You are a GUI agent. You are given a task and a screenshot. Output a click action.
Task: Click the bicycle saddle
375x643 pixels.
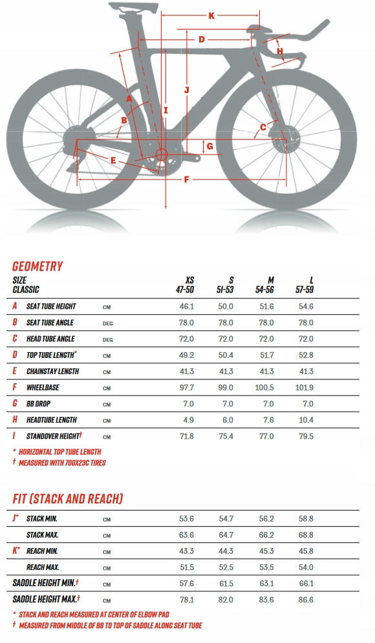133,7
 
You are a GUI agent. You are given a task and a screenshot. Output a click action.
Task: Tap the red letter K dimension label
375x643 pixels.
211,16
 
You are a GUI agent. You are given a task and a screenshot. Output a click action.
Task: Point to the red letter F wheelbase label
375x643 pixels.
186,179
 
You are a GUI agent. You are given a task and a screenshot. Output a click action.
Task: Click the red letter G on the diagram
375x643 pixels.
209,146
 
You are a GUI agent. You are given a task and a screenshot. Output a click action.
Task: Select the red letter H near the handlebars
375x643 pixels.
280,51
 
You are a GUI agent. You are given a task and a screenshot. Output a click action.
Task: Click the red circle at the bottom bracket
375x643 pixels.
161,155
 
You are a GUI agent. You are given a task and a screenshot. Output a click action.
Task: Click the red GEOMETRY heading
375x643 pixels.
37,266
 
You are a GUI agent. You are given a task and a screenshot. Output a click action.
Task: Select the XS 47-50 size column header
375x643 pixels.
185,285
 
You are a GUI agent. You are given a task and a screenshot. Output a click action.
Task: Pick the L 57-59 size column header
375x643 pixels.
305,285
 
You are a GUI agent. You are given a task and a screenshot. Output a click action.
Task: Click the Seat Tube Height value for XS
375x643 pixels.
186,306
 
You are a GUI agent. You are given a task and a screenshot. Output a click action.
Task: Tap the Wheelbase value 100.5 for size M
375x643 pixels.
264,388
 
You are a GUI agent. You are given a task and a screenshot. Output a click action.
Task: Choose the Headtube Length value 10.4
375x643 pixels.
306,420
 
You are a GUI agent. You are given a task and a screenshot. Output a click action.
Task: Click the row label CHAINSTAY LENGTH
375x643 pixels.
52,371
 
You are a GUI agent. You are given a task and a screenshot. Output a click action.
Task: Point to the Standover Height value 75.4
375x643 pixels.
226,436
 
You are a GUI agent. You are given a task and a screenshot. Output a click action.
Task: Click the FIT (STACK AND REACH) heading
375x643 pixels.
68,499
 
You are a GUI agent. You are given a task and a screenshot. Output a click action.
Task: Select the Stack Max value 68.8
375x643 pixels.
306,535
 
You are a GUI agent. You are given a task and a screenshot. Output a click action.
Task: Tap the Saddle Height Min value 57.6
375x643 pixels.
186,584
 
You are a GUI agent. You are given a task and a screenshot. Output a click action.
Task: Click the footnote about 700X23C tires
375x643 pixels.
59,463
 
